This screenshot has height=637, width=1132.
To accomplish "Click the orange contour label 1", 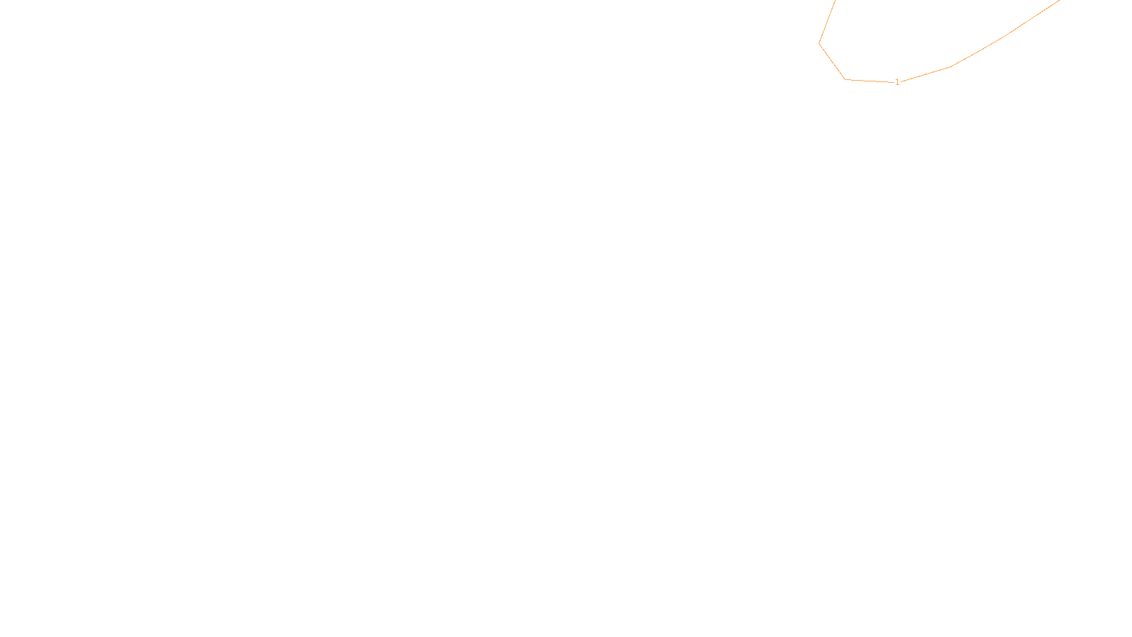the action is click(x=897, y=82).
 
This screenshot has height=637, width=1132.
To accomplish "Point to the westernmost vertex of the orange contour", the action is click(x=819, y=43).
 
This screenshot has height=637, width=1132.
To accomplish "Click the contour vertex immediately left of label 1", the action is click(x=845, y=79).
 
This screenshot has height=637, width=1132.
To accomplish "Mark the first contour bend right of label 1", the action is click(x=950, y=67).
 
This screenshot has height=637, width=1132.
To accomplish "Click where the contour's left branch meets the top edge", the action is click(x=835, y=1).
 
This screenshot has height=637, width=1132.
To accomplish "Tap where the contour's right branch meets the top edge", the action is click(x=1059, y=1).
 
